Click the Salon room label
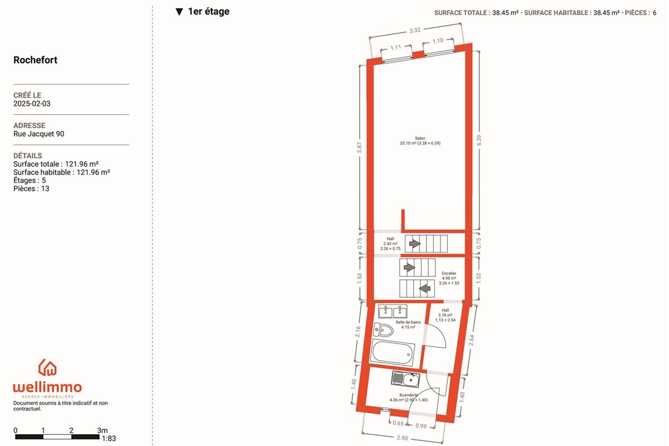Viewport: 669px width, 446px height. point(420,138)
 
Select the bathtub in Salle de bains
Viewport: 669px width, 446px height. point(392,353)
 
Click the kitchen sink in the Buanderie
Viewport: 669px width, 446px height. point(406,380)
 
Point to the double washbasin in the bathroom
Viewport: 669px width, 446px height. point(392,312)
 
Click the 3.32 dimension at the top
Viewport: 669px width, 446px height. point(415,30)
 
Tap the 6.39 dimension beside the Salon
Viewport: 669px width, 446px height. point(479,140)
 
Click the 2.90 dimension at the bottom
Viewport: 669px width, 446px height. point(402,438)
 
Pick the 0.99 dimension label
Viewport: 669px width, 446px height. point(421,426)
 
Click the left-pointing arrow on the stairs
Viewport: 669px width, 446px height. point(425,289)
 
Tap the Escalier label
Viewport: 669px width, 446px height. point(449,273)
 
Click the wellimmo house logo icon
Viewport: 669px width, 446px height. point(47,367)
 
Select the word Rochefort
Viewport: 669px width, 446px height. point(35,60)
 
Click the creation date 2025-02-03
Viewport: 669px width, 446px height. point(32,104)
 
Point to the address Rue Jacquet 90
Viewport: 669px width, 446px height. point(39,134)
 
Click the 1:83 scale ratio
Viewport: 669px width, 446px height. point(109,439)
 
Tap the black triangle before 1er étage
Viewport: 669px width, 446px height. point(179,12)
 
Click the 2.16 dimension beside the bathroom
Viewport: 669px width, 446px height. point(357,332)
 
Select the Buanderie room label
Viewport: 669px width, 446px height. point(408,395)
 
